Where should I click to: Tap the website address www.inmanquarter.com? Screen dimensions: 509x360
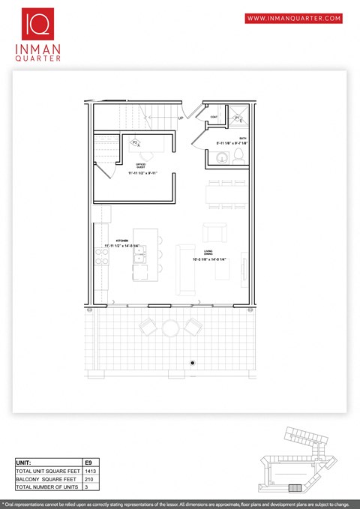pyautogui.click(x=293, y=18)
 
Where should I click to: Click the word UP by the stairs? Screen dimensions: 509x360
pyautogui.click(x=181, y=118)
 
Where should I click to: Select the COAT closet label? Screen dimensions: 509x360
pyautogui.click(x=214, y=118)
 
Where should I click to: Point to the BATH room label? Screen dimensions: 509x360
pyautogui.click(x=241, y=138)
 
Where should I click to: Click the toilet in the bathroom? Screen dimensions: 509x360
pyautogui.click(x=238, y=155)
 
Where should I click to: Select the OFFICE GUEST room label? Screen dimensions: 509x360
pyautogui.click(x=140, y=165)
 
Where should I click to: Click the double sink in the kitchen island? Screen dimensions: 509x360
pyautogui.click(x=139, y=259)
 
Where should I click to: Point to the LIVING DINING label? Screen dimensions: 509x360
pyautogui.click(x=209, y=253)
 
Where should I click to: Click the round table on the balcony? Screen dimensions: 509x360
pyautogui.click(x=171, y=328)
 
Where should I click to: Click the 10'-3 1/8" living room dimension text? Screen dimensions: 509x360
pyautogui.click(x=208, y=260)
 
